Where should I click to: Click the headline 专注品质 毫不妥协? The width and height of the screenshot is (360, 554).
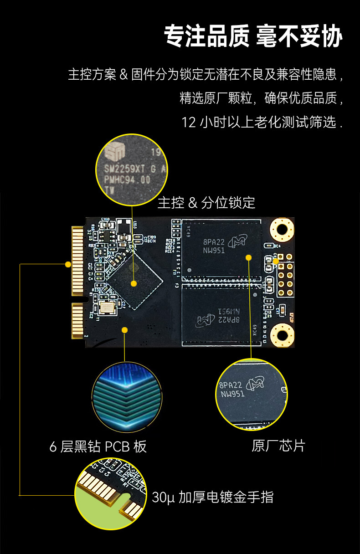pos(253,36)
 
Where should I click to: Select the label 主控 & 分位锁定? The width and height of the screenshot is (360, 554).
pos(206,203)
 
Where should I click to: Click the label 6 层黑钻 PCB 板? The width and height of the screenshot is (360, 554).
pos(98,446)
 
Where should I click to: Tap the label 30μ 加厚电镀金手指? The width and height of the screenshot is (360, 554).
pos(212,497)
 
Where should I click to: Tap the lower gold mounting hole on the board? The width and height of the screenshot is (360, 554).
pos(282,335)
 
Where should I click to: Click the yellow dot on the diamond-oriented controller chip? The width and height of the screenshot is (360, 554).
pos(134,283)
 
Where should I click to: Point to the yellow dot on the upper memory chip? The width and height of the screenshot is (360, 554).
pos(249,257)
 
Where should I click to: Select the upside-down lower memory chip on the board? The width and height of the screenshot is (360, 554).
pos(222,314)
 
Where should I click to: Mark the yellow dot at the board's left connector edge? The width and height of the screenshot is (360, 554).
pos(68,264)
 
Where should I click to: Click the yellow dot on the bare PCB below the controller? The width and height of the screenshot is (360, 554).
pos(124,329)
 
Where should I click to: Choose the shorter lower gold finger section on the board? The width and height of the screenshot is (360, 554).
pos(78,322)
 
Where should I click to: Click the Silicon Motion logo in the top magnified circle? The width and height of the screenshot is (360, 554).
pos(113,150)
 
